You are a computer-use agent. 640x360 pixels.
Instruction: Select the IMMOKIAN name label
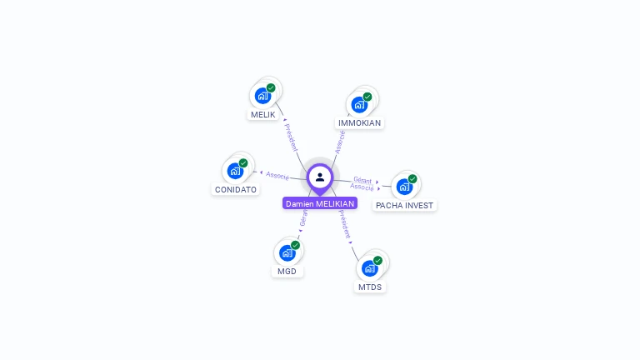tap(359, 122)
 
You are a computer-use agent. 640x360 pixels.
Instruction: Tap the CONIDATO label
tap(236, 189)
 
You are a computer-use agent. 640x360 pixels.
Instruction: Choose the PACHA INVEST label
tap(405, 205)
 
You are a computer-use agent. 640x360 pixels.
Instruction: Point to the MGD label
tap(287, 271)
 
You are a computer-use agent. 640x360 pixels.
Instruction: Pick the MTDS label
tap(370, 287)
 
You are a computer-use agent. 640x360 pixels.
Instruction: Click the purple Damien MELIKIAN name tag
tap(320, 203)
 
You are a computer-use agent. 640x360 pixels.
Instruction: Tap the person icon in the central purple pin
tap(320, 177)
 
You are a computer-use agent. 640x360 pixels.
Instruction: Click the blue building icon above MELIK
tap(262, 95)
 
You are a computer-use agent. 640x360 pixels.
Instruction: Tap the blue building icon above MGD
tap(287, 252)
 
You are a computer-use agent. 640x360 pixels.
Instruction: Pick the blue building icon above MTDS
tap(369, 268)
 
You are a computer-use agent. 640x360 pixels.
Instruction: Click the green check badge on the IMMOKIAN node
tap(367, 97)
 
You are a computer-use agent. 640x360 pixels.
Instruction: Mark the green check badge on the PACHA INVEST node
tap(412, 178)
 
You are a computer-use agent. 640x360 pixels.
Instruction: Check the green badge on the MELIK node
tap(271, 87)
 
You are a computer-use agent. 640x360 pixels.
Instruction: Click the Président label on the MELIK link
tap(291, 137)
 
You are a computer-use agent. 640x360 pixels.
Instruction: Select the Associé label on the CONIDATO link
tap(277, 176)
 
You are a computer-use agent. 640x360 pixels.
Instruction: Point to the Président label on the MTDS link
tap(344, 224)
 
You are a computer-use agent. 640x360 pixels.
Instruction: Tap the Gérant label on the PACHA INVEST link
tap(362, 179)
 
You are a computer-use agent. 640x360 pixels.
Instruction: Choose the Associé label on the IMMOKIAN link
tap(340, 141)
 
